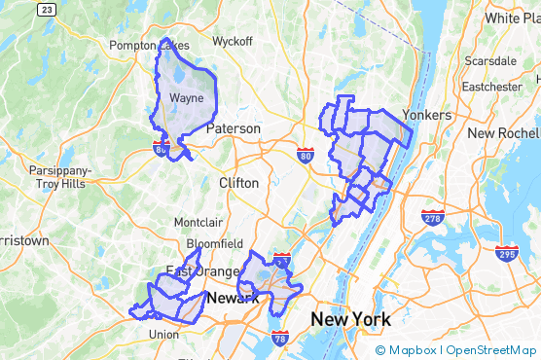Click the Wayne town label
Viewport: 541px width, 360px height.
pos(186,98)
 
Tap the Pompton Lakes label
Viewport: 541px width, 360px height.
pos(149,46)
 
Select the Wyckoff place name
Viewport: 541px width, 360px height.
pos(233,42)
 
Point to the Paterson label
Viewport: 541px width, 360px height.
pos(234,128)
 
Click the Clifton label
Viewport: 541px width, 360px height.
pos(239,183)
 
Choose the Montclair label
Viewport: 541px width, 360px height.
pos(198,222)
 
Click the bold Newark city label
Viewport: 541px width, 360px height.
pos(233,298)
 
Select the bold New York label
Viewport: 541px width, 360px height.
pos(350,319)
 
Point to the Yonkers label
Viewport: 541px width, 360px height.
pos(427,115)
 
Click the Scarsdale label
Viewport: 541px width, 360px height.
pos(490,60)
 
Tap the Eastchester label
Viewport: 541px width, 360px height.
pos(491,87)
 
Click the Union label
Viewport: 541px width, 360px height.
pos(163,335)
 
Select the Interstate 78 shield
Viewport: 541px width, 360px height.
pos(280,339)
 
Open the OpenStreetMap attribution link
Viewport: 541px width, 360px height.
pos(491,350)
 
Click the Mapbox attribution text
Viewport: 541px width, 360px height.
pos(412,350)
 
